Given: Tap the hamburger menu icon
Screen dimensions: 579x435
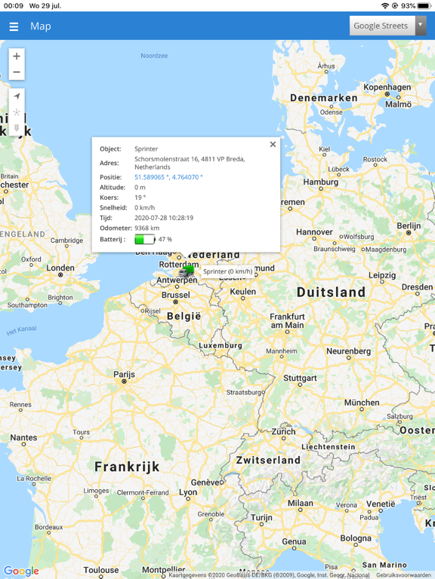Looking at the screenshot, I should [14, 26].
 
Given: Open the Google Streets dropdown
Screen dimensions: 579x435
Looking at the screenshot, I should [387, 26].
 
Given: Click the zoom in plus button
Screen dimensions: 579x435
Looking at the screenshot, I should [17, 57].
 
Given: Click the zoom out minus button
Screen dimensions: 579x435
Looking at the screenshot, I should [17, 72].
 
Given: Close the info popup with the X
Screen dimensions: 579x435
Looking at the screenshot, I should [273, 145].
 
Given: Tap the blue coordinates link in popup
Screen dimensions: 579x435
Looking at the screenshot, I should [168, 177].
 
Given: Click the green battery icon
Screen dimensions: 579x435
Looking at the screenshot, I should [144, 239].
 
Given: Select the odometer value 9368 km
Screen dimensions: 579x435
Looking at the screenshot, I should [147, 228].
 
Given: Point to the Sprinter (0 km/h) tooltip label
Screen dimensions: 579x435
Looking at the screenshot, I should [227, 271].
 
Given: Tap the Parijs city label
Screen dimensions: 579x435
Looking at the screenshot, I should [124, 375].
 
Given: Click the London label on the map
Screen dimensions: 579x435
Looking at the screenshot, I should [60, 268].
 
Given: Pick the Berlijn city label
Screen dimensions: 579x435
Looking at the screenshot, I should [409, 225].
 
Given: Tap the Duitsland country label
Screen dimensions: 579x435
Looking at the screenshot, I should [331, 292].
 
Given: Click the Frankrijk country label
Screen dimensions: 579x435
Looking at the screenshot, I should [127, 467].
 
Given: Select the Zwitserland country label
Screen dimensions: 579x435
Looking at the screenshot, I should [268, 460].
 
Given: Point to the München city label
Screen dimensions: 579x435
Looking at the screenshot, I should [361, 403].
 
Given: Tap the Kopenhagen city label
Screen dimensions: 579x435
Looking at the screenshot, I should [387, 87].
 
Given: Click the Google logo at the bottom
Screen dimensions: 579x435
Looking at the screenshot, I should [21, 571].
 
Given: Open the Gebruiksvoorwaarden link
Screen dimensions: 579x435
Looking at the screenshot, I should [404, 575].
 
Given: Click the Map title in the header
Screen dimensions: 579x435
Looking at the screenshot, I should [41, 26].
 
